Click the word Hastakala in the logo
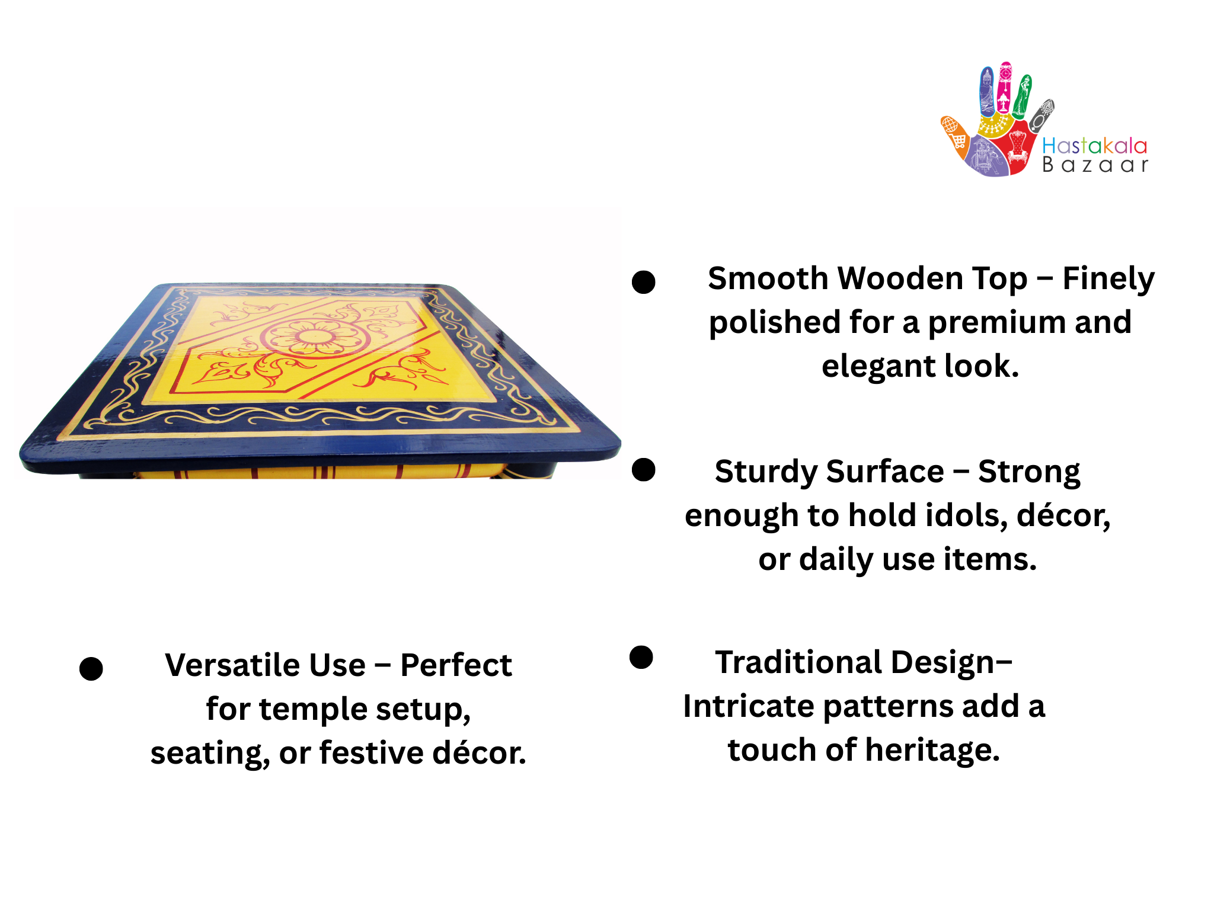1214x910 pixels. pos(1094,146)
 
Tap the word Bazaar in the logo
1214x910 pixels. pos(1095,165)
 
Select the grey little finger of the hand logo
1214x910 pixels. pos(1041,115)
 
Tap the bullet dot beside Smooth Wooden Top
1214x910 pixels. pos(644,282)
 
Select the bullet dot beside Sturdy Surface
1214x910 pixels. pos(644,470)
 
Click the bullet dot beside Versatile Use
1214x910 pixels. pos(91,669)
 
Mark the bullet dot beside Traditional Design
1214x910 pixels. pos(641,657)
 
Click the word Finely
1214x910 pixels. pos(1108,279)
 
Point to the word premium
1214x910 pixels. pos(996,323)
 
